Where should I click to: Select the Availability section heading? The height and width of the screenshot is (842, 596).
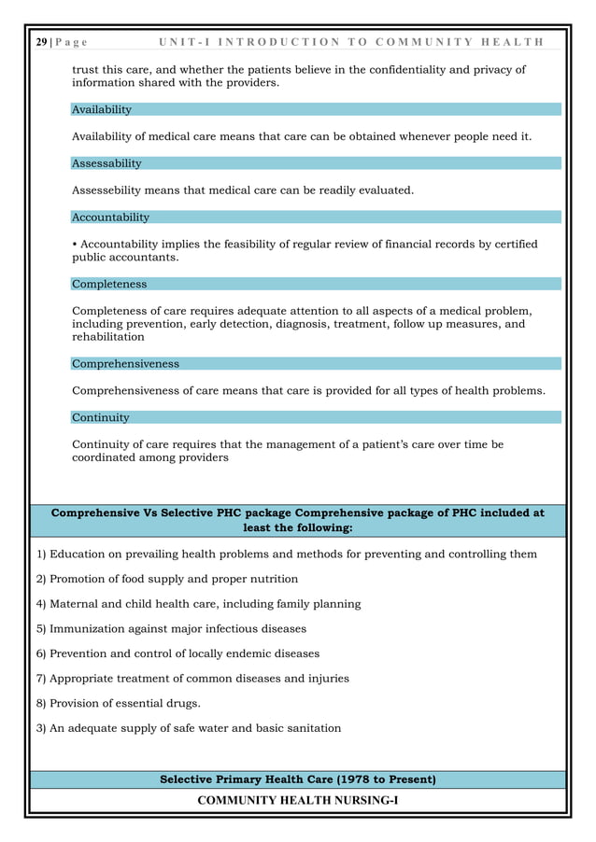[102, 109]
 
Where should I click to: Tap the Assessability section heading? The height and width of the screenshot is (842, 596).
[106, 163]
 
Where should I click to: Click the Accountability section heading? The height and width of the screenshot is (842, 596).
[110, 218]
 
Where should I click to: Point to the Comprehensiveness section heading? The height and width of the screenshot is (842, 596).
[125, 364]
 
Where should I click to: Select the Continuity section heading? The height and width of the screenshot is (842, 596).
[101, 417]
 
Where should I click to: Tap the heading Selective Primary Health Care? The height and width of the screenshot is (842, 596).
[297, 779]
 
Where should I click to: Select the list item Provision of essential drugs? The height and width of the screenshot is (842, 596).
[119, 703]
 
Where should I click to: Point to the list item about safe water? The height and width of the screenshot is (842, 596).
[189, 728]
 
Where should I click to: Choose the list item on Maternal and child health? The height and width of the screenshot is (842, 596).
[198, 604]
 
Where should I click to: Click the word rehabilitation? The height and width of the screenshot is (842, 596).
[108, 337]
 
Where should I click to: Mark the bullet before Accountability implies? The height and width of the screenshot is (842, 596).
[74, 245]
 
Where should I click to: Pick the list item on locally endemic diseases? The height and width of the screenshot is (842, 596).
[177, 653]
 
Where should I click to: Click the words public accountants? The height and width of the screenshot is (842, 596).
[125, 258]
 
